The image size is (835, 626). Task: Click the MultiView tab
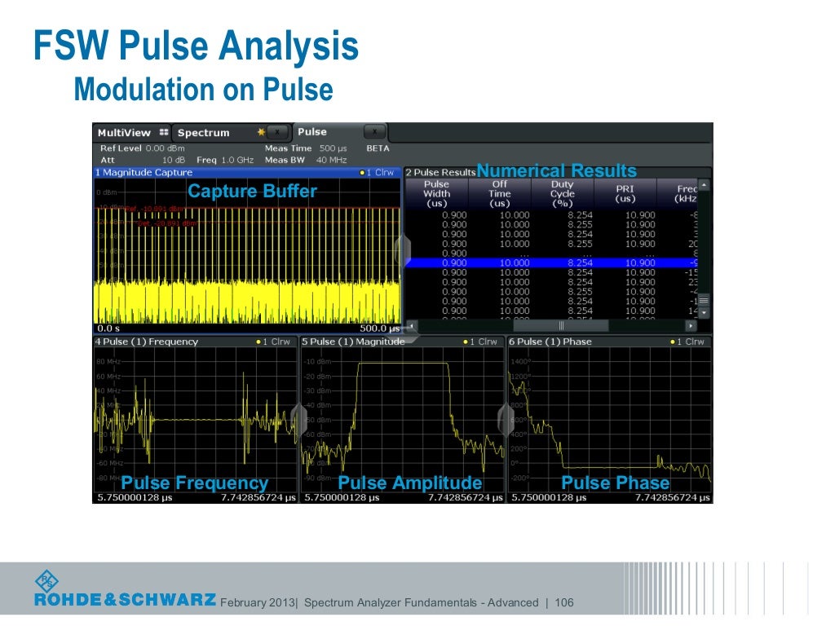(124, 133)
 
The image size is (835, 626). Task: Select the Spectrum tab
(204, 133)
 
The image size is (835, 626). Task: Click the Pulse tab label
(312, 132)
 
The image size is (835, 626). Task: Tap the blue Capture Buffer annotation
(252, 192)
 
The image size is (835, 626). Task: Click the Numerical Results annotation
(556, 170)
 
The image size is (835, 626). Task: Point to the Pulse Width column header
(436, 194)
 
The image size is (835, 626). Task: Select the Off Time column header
(500, 194)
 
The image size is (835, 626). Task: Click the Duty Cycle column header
(563, 194)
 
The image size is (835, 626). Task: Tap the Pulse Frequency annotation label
(194, 483)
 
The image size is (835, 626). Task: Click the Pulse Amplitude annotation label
(409, 483)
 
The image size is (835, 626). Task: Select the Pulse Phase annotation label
(615, 483)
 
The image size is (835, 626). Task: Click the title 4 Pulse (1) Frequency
(146, 342)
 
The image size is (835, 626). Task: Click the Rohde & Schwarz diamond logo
(46, 581)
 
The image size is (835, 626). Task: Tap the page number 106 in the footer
(564, 603)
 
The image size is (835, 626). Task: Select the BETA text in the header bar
(378, 148)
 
